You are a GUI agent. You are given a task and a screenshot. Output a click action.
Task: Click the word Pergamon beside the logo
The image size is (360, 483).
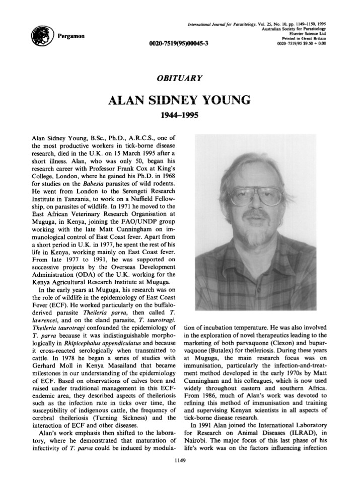tap(71, 37)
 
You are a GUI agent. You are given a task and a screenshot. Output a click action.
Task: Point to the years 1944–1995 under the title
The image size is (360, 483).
tap(180, 116)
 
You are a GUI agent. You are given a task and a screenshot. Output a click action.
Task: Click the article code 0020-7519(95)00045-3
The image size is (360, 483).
tap(180, 43)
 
